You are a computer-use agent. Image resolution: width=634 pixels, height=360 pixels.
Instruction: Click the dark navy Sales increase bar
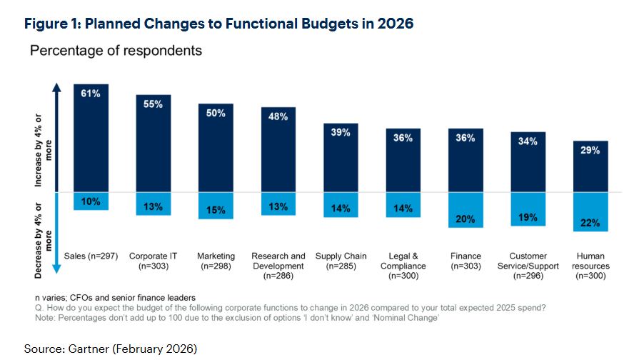pyautogui.click(x=91, y=138)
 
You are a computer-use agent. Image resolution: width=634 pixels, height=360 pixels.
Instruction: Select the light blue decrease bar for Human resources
pyautogui.click(x=590, y=211)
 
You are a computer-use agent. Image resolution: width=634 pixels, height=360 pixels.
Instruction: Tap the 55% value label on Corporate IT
pyautogui.click(x=153, y=104)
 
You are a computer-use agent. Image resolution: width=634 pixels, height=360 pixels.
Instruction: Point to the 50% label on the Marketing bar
pyautogui.click(x=216, y=114)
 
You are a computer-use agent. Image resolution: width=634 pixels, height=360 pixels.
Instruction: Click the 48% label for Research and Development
pyautogui.click(x=278, y=116)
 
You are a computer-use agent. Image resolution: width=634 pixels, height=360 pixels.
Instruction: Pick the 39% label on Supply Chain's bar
pyautogui.click(x=341, y=132)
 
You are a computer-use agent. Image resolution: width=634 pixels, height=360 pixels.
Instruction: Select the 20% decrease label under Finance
pyautogui.click(x=466, y=219)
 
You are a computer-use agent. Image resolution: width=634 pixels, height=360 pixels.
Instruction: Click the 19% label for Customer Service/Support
pyautogui.click(x=528, y=217)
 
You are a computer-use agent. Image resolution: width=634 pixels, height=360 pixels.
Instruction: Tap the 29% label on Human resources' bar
pyautogui.click(x=590, y=150)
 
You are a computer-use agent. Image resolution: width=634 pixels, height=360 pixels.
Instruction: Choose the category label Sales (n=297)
pyautogui.click(x=91, y=256)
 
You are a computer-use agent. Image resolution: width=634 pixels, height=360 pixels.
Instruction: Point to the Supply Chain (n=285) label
pyautogui.click(x=341, y=261)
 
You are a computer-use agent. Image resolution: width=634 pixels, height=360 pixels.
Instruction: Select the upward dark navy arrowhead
pyautogui.click(x=57, y=87)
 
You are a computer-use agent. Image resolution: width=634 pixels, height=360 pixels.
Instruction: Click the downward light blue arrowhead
pyautogui.click(x=56, y=269)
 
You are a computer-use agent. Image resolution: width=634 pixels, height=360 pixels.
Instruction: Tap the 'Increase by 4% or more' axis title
pyautogui.click(x=43, y=151)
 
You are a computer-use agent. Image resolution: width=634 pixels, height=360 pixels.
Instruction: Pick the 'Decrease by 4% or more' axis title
pyautogui.click(x=43, y=241)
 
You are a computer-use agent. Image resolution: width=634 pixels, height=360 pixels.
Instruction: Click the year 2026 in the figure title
pyautogui.click(x=396, y=24)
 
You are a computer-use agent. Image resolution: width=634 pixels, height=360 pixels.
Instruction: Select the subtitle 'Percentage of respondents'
pyautogui.click(x=116, y=51)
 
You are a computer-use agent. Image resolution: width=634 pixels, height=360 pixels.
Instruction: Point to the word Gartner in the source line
pyautogui.click(x=89, y=349)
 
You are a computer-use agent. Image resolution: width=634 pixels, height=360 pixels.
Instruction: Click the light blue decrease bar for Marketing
pyautogui.click(x=216, y=206)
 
